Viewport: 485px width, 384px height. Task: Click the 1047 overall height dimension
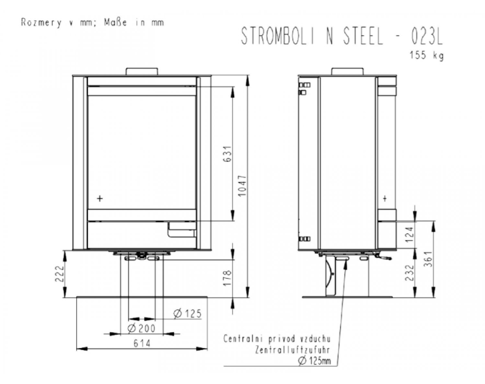tap(242, 185)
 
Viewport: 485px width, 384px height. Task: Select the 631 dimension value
tap(227, 154)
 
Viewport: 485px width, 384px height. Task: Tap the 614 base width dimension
tap(142, 343)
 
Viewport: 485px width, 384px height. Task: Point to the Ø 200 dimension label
tap(141, 328)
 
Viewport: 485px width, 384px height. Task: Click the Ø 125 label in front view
tap(187, 313)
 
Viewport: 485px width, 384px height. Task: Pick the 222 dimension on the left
tap(60, 273)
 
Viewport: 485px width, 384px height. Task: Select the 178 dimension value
tap(227, 277)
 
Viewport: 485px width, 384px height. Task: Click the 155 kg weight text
tap(427, 55)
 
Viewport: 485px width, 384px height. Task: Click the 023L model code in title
tap(427, 35)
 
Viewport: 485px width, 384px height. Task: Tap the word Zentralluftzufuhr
tap(292, 349)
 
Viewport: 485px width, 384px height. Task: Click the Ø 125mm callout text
tap(315, 360)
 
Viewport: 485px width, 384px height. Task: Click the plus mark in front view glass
tap(100, 198)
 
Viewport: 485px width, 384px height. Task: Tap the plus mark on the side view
tap(385, 198)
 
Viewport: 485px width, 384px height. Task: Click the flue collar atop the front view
tap(142, 71)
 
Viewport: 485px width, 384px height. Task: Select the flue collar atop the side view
tap(348, 71)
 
